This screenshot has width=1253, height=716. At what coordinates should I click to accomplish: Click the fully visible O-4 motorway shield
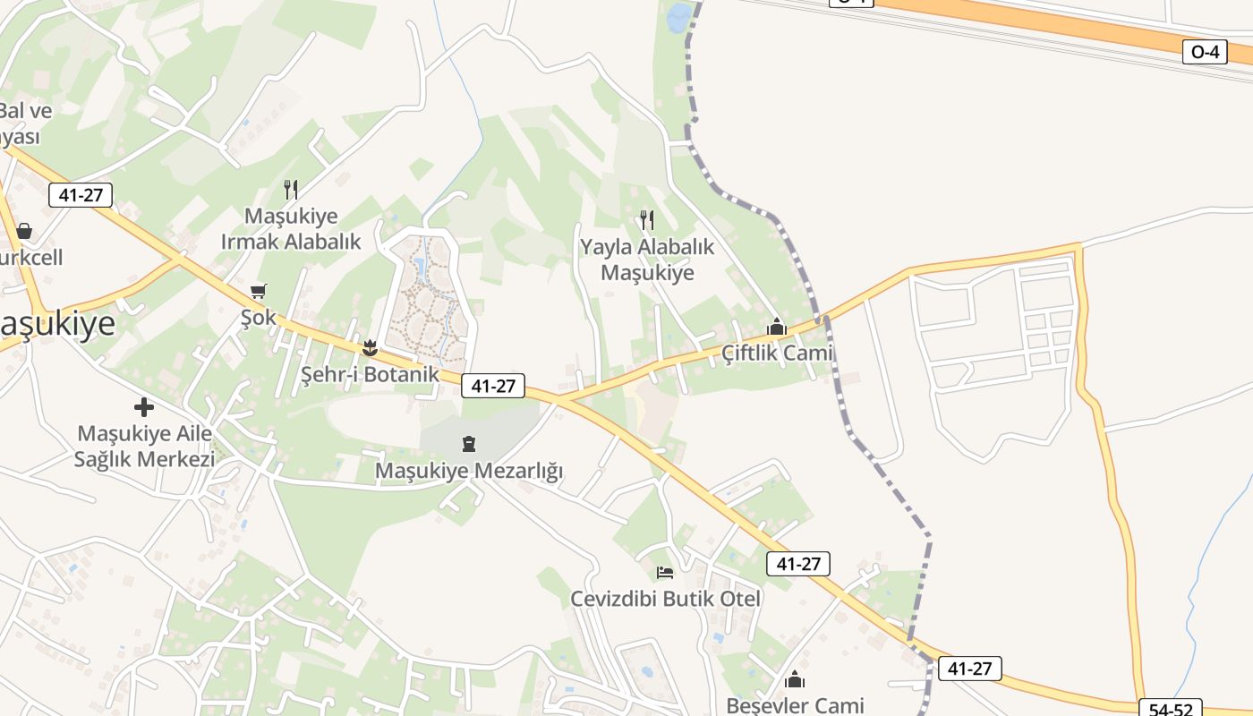pos(1206,52)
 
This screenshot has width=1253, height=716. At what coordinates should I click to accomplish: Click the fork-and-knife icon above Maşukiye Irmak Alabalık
pos(290,189)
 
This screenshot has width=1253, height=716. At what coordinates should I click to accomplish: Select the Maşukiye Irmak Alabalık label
pos(291,229)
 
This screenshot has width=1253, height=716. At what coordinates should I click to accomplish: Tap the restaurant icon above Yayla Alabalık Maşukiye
pos(646,219)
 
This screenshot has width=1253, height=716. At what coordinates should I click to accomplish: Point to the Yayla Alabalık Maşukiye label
pos(647,260)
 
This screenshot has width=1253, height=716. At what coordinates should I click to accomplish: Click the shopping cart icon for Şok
pos(259,291)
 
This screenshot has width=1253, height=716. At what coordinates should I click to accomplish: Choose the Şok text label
pos(259,319)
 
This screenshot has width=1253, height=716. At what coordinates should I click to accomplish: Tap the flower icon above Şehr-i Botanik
pos(370,347)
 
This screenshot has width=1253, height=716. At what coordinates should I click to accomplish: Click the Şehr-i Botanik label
pos(370,374)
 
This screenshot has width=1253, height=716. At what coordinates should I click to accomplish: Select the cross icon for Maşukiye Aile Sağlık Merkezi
pos(144,407)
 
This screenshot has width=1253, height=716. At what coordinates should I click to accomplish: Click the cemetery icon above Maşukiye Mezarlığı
pos(469,443)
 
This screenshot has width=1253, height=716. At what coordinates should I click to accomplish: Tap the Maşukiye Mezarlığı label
pos(469,471)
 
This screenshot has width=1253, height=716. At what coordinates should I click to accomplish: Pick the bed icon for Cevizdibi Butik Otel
pos(665,572)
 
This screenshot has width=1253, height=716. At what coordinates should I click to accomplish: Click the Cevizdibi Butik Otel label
pos(666,599)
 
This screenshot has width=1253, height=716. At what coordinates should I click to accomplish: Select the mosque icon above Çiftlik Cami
pos(776,327)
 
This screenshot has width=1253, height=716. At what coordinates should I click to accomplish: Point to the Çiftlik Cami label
pos(777,353)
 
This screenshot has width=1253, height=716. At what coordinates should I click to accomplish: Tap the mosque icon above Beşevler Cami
pos(795,680)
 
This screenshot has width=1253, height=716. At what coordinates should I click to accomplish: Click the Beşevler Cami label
pos(795,705)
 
